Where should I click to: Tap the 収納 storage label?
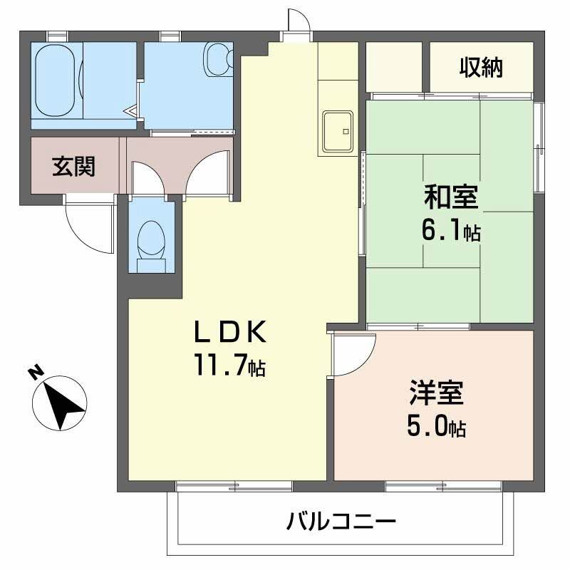[481, 68]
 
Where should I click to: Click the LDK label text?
[231, 333]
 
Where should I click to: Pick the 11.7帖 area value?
[230, 366]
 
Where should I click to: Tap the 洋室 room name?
[437, 394]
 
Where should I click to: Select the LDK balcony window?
[234, 487]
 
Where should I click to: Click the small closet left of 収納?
[394, 68]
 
